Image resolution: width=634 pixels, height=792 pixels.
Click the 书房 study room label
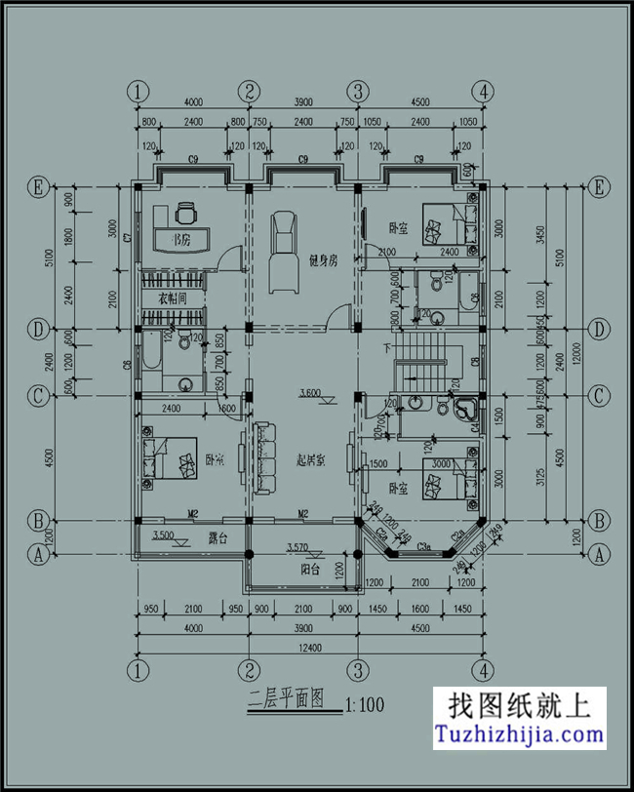coord(180,239)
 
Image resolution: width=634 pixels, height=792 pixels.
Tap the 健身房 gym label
coord(322,260)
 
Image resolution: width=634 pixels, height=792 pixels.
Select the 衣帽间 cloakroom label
coord(172,298)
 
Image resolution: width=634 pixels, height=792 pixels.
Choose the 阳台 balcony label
coord(311,571)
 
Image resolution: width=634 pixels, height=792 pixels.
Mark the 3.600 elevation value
coord(310,393)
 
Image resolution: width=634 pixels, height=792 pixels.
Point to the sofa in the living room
coord(263,458)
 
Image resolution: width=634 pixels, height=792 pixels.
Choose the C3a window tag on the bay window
coord(423,550)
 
